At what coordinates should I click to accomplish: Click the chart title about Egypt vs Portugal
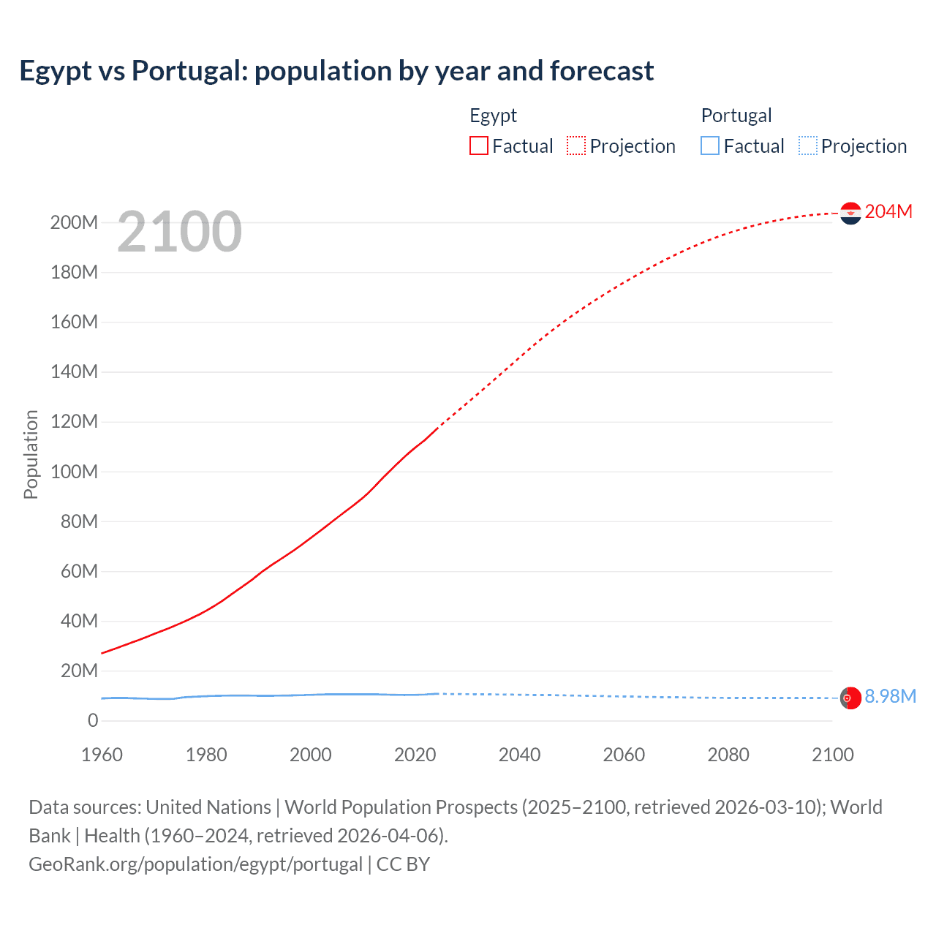336,71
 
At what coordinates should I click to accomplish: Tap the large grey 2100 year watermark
179,232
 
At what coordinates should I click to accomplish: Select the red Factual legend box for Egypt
479,146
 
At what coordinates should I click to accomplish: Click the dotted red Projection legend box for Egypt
576,146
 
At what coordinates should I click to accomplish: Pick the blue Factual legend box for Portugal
710,146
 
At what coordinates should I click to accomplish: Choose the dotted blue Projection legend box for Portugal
808,146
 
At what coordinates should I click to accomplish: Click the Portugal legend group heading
736,116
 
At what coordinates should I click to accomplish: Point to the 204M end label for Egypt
888,212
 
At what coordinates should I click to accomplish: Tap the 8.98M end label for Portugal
890,697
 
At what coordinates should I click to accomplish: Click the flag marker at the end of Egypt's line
850,213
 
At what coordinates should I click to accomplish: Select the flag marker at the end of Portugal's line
850,698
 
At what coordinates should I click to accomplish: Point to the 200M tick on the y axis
74,223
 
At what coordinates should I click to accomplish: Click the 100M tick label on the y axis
74,472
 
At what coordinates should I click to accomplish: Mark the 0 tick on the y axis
93,721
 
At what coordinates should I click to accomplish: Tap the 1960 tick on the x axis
102,755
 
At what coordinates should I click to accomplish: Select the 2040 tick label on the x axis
519,755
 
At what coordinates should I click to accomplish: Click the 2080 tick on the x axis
728,755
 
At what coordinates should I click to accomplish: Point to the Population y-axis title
31,454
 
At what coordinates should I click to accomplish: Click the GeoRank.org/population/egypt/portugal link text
195,864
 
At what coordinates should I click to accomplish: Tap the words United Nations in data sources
208,807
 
